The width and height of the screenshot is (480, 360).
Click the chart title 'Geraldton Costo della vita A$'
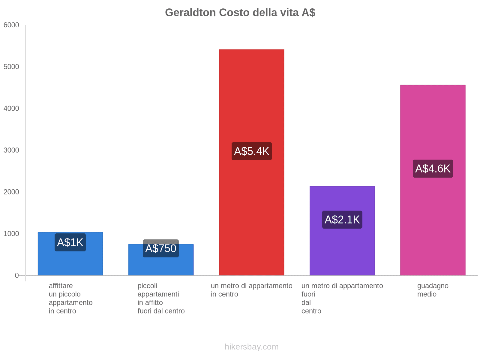click(240, 13)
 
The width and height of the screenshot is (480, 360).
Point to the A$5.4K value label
click(251, 151)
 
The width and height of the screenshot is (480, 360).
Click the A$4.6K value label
click(433, 169)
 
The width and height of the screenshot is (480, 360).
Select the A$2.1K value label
click(342, 220)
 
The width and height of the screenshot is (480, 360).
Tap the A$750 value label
click(161, 248)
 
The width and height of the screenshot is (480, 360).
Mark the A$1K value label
click(70, 242)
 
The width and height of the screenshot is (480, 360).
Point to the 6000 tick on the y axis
click(11, 25)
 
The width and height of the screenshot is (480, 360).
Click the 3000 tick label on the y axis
click(11, 150)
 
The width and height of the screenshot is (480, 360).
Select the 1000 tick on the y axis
click(11, 234)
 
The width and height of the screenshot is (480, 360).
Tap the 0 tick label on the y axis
click(17, 275)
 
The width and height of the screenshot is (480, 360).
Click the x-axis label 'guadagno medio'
click(433, 290)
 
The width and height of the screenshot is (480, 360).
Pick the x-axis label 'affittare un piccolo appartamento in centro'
click(70, 298)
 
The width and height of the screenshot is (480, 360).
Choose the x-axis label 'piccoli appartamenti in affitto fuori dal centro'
click(161, 298)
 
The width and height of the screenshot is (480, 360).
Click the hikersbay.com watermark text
click(251, 347)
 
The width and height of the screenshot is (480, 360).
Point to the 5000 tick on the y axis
click(11, 67)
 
